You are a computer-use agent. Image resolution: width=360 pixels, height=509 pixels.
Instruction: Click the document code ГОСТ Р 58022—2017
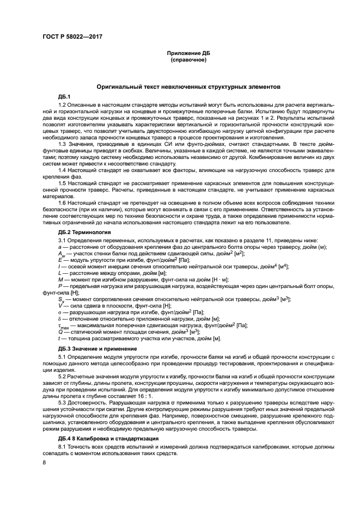pos(72,36)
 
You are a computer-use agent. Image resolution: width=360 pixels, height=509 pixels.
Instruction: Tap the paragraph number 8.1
pos(62,446)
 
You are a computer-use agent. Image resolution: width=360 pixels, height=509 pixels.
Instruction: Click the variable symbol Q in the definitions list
pos(60,332)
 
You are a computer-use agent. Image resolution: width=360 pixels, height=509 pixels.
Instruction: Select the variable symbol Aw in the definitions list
pos(62,254)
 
